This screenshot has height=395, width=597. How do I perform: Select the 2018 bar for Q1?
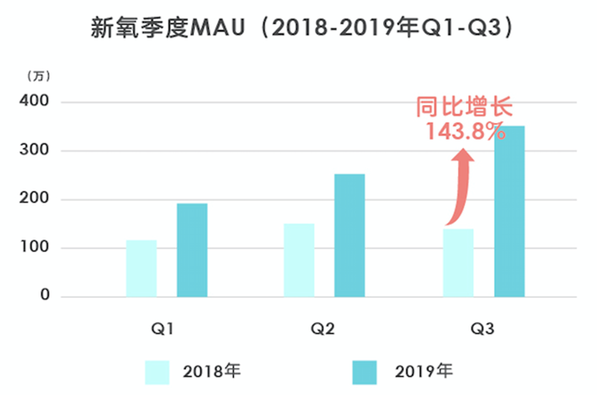click(141, 268)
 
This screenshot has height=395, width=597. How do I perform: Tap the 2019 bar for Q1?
click(192, 250)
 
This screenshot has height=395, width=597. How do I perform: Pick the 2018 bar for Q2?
click(299, 260)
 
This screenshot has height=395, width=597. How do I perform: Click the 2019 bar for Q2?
click(349, 235)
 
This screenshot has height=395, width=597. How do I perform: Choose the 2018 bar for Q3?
click(458, 262)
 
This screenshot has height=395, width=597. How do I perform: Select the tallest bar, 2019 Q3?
click(509, 211)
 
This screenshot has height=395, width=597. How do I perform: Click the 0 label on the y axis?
click(44, 297)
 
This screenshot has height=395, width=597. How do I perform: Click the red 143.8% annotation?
click(465, 132)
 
